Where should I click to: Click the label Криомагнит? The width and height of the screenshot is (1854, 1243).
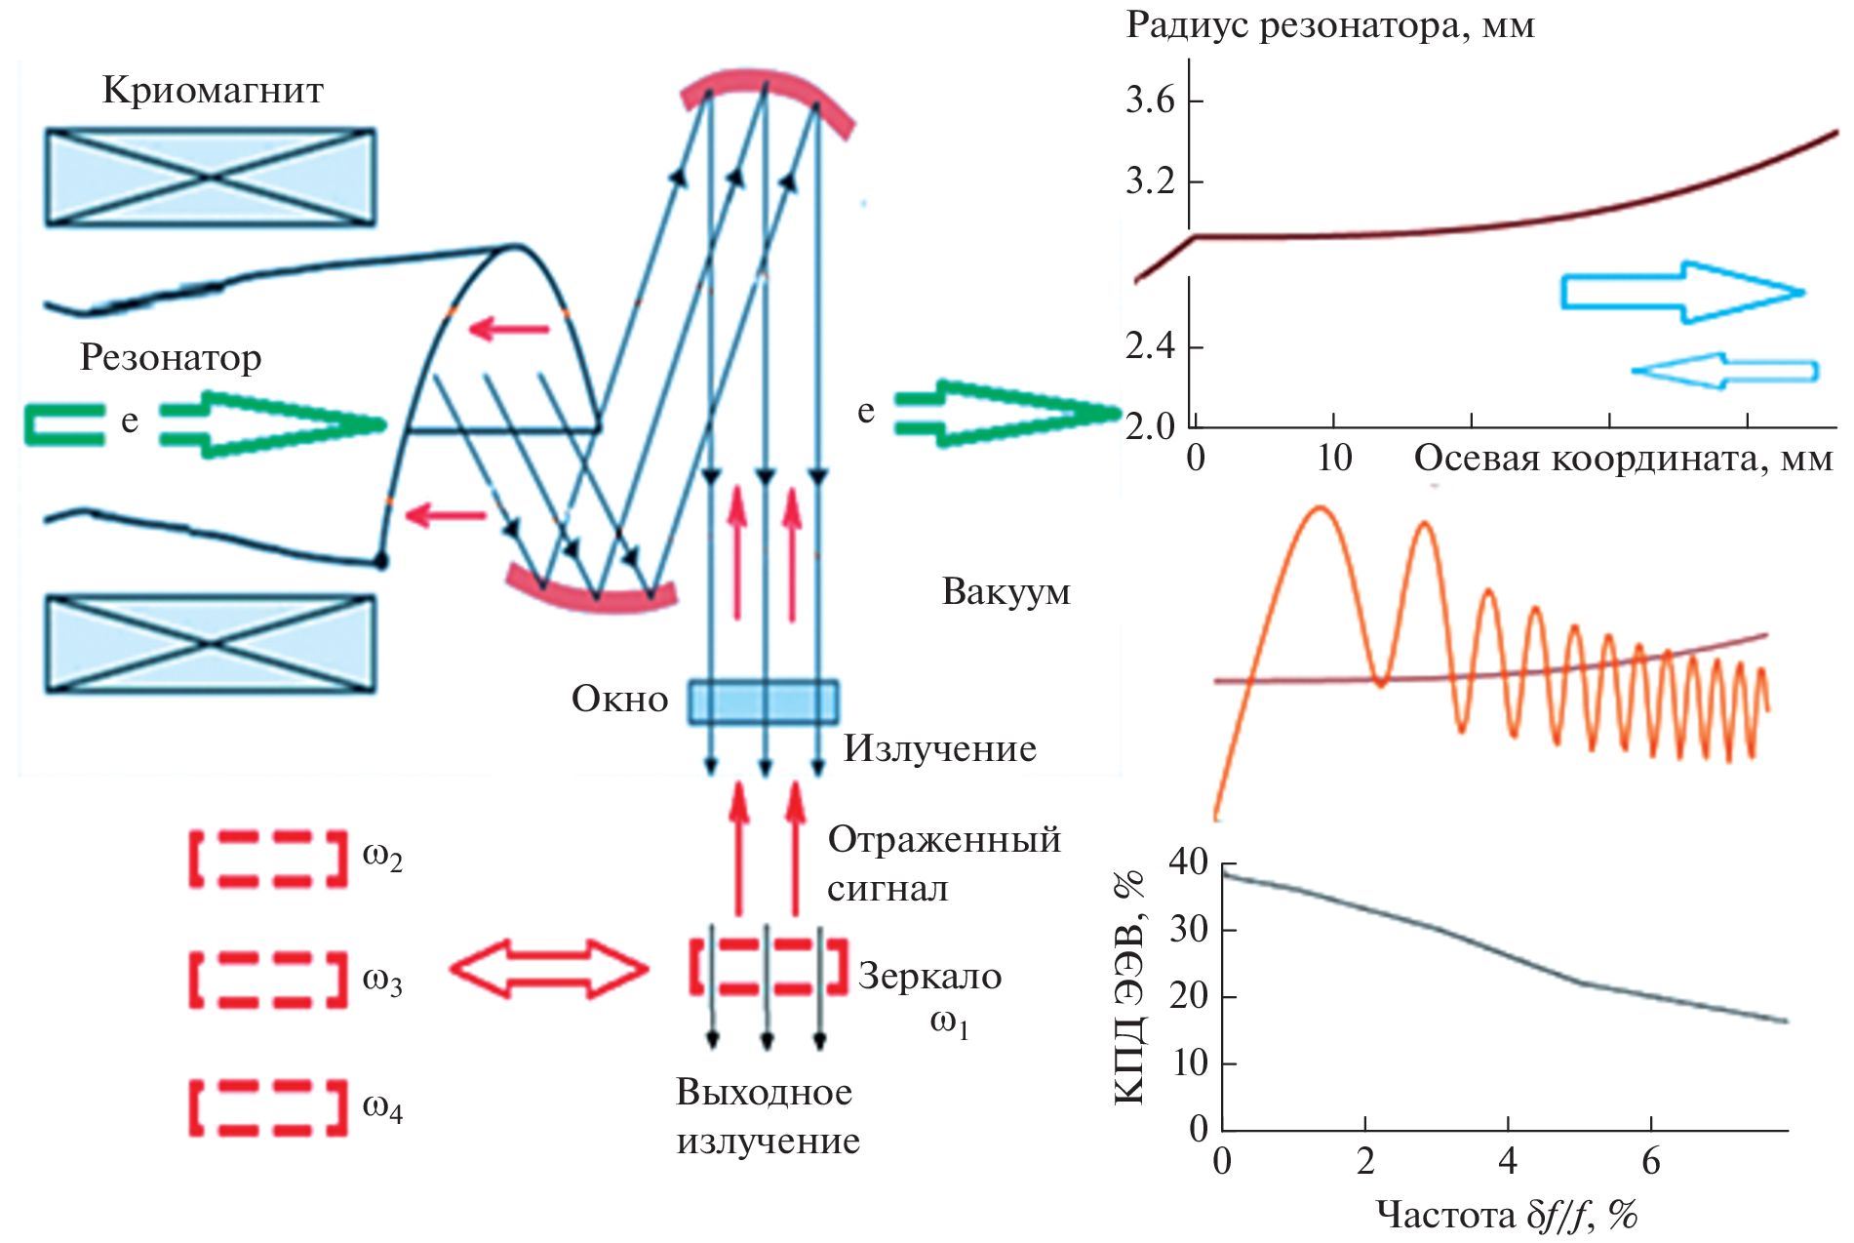click(213, 90)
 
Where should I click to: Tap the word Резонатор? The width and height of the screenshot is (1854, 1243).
click(171, 357)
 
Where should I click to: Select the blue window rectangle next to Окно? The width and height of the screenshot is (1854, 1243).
click(763, 702)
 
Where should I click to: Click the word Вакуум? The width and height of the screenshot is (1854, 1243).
click(1006, 591)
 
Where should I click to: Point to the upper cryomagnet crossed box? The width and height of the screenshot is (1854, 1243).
click(211, 178)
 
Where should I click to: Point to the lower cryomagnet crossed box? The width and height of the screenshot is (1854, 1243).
click(211, 644)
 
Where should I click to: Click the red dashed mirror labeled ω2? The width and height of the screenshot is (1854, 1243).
click(268, 859)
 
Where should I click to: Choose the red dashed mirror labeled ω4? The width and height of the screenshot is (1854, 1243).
click(268, 1107)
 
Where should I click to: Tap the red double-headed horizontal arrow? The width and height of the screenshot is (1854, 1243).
click(549, 969)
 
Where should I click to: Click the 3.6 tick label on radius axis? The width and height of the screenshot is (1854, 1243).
click(1150, 100)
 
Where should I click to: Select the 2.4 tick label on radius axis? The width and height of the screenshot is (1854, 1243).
click(1150, 346)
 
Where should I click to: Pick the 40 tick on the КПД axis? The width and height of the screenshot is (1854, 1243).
click(1189, 862)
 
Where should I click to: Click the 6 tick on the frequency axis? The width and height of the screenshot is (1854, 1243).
click(1650, 1161)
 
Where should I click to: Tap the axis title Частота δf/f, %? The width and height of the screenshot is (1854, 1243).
click(1506, 1215)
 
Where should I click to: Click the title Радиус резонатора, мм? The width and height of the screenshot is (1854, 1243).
click(1330, 25)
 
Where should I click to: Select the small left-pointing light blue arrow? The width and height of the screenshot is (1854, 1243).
click(1723, 371)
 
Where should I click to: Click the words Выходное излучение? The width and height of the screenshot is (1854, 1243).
click(768, 1116)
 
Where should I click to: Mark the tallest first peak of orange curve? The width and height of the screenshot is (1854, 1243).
click(1321, 507)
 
